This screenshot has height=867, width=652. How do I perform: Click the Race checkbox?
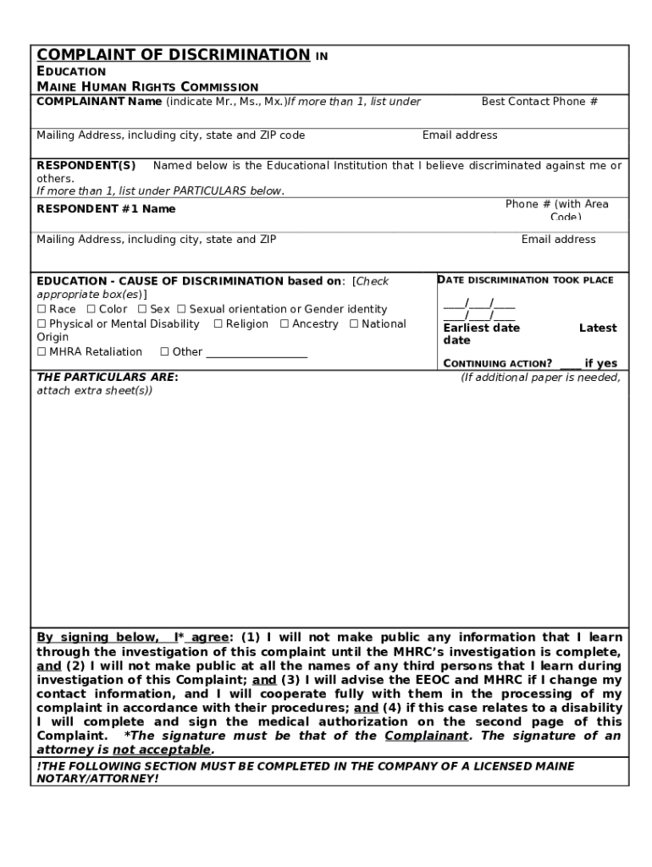41,310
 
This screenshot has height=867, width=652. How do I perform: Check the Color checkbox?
91,310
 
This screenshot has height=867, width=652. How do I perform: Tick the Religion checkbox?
218,324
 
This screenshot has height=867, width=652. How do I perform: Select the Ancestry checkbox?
285,324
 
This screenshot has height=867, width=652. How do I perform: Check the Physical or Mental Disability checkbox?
41,324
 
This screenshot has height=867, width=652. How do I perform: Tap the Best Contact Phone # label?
539,102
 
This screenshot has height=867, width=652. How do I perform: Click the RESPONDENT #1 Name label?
106,209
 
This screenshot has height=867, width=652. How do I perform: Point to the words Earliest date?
481,329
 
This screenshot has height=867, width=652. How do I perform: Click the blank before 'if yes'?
570,364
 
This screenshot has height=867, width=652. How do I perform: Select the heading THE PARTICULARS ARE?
108,378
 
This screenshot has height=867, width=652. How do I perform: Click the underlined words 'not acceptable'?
162,750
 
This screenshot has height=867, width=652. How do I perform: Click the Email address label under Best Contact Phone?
460,135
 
